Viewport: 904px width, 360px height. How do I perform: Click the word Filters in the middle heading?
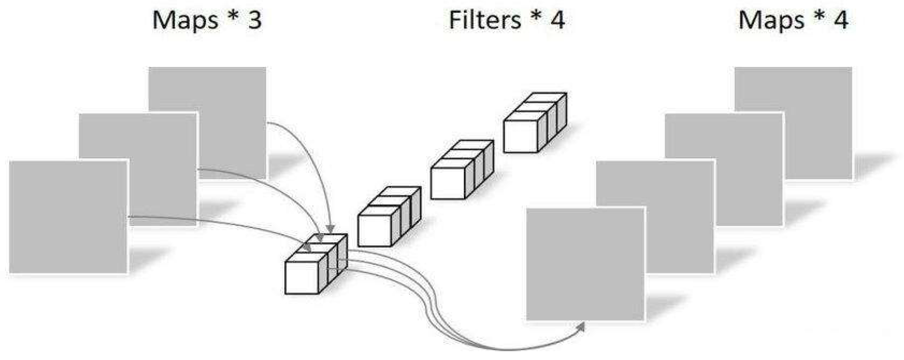point(485,20)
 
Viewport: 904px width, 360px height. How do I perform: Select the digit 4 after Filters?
point(557,20)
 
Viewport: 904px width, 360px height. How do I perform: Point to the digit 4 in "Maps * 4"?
point(841,20)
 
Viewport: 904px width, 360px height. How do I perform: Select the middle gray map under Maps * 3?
point(161,140)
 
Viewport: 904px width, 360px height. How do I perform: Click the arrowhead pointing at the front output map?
point(581,327)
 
